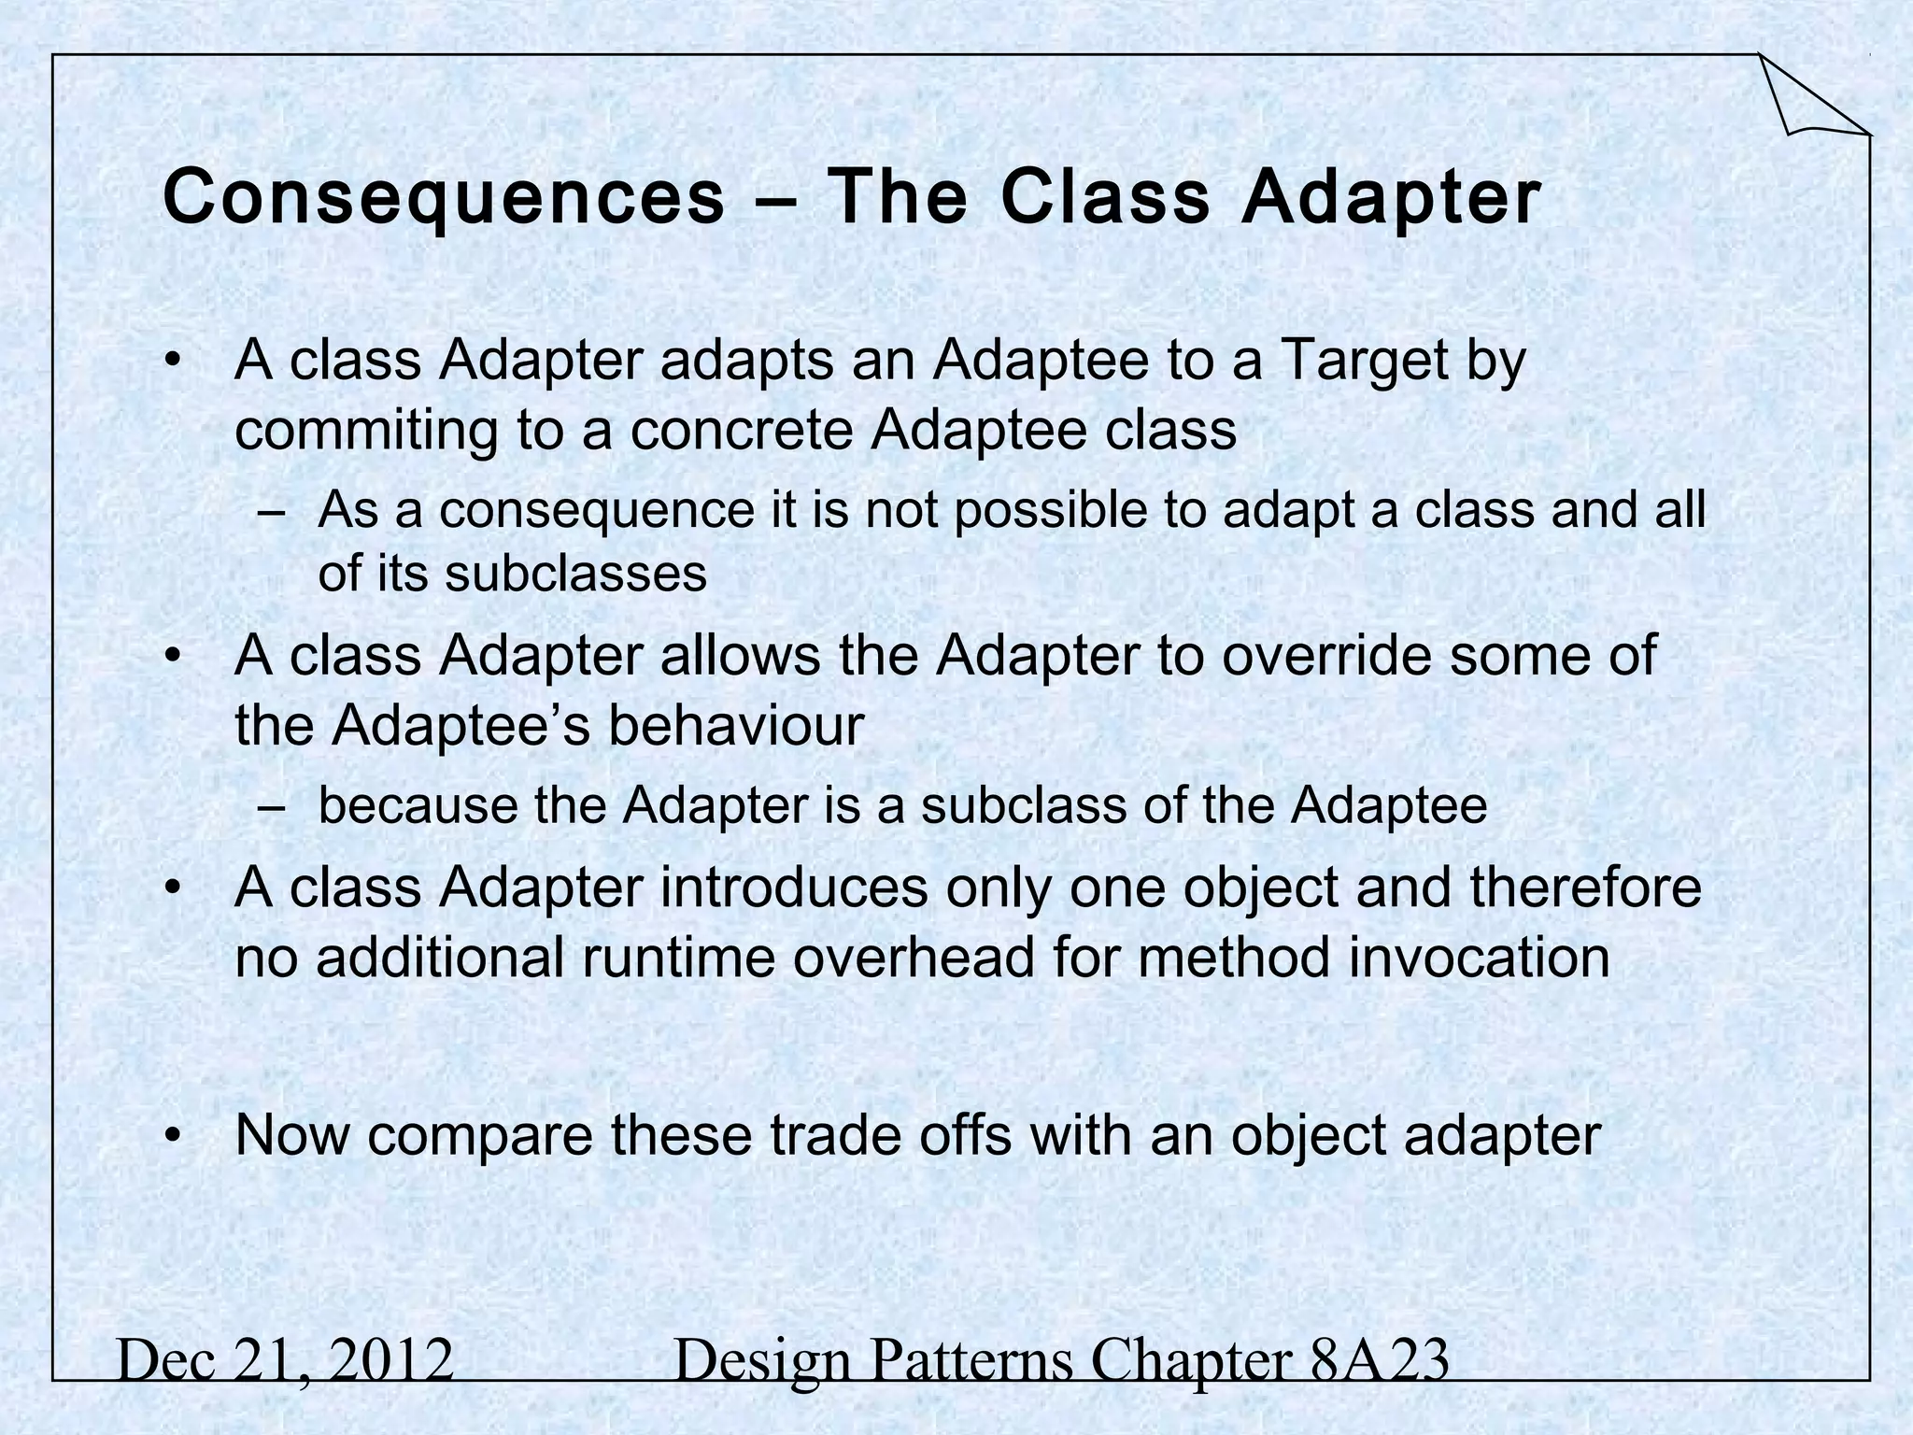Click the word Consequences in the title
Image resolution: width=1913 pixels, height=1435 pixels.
pyautogui.click(x=444, y=198)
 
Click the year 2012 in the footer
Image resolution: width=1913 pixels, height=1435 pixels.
pyautogui.click(x=391, y=1360)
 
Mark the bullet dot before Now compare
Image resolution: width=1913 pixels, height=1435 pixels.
pyautogui.click(x=172, y=1136)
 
